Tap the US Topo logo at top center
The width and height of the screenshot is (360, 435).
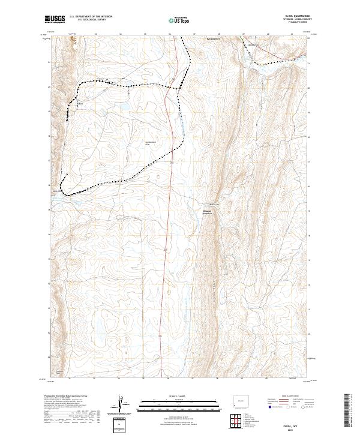(179, 20)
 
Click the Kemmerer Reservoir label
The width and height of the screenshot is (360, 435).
(207, 212)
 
